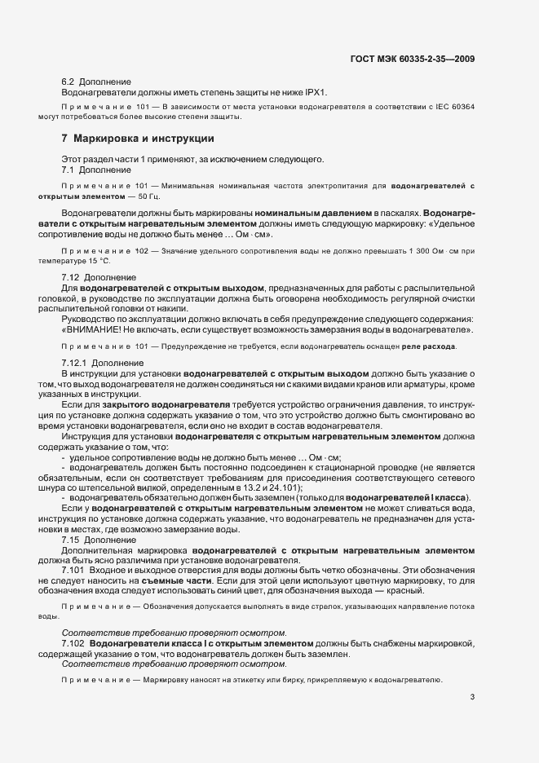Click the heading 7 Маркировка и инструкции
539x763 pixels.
(122, 138)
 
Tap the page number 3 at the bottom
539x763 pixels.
(472, 697)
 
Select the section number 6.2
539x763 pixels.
(68, 82)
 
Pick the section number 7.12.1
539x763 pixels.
(74, 362)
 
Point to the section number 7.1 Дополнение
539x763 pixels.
(68, 169)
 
